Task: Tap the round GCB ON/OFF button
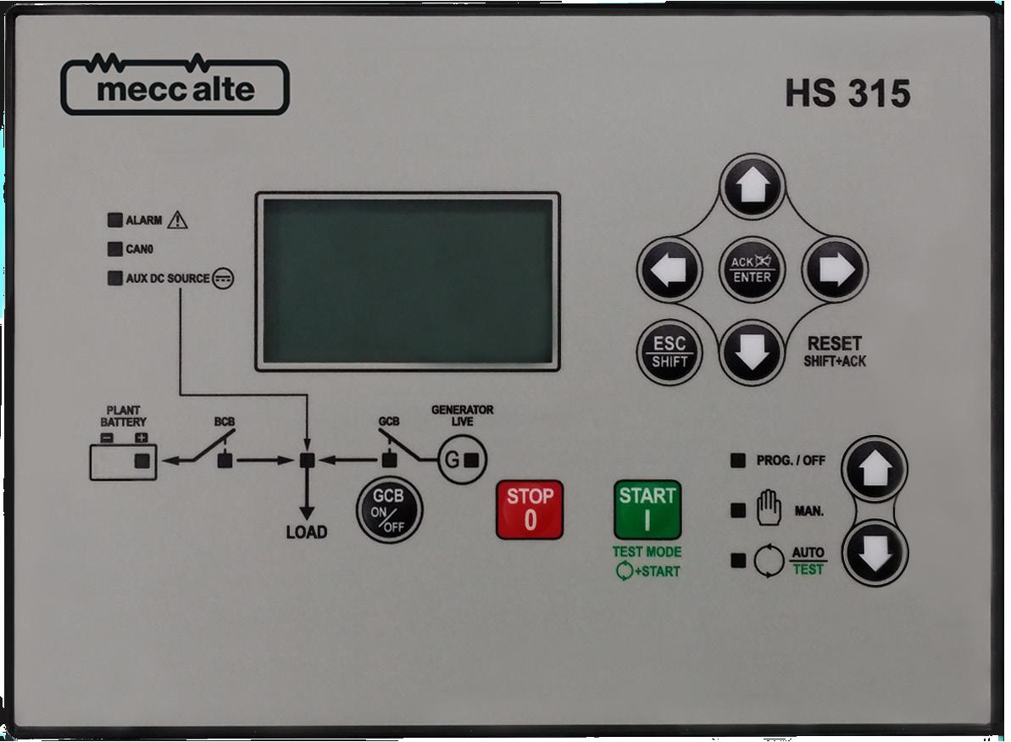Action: (x=389, y=509)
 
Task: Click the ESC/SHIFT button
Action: (x=669, y=353)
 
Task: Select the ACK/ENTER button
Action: (x=752, y=270)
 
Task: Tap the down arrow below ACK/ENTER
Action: (x=752, y=353)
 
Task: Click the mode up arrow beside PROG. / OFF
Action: (x=875, y=469)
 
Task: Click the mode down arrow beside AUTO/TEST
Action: (x=875, y=553)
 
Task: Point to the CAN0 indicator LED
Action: (x=114, y=249)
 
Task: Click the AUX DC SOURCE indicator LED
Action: (x=114, y=278)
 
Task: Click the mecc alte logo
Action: (x=175, y=87)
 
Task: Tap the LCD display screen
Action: (x=408, y=282)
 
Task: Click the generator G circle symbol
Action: (x=462, y=460)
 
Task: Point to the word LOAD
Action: (x=307, y=533)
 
